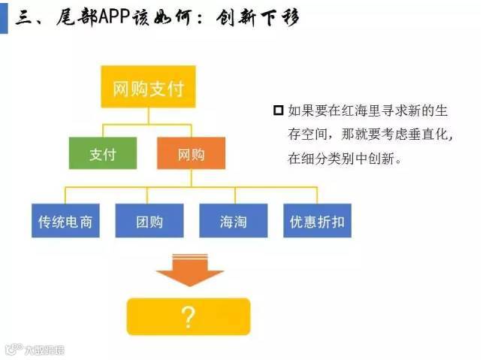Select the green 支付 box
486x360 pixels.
point(102,155)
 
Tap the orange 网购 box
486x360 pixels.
point(191,155)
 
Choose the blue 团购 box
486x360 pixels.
point(149,222)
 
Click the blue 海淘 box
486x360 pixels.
point(233,222)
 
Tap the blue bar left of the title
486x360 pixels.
point(4,18)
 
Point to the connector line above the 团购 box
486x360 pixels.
point(149,194)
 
